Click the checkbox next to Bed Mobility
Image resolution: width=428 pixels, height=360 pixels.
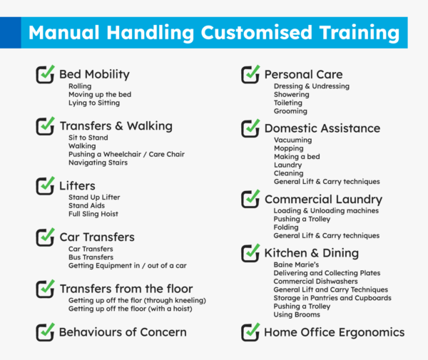point(45,73)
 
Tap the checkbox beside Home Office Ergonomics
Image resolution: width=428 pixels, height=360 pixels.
point(250,331)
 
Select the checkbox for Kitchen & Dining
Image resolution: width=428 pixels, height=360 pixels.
point(250,252)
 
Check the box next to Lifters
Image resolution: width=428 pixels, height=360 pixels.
point(45,185)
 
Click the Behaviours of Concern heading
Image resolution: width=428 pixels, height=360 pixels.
point(123,331)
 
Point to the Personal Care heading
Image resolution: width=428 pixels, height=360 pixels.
point(303,74)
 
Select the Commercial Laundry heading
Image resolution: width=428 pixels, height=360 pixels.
point(323,200)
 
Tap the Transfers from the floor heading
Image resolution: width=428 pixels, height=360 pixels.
point(126,289)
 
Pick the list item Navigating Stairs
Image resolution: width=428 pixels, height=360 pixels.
point(98,163)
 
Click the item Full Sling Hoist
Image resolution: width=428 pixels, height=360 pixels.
point(93,214)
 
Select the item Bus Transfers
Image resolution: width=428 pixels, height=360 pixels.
point(91,257)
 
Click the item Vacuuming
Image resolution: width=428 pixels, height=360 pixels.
point(292,140)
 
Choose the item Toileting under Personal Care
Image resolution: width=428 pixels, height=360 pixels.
point(289,103)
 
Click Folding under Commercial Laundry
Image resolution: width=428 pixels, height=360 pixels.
point(286,227)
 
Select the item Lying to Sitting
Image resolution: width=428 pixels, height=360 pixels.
point(95,103)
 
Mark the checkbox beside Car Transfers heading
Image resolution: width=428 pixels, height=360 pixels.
point(45,236)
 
